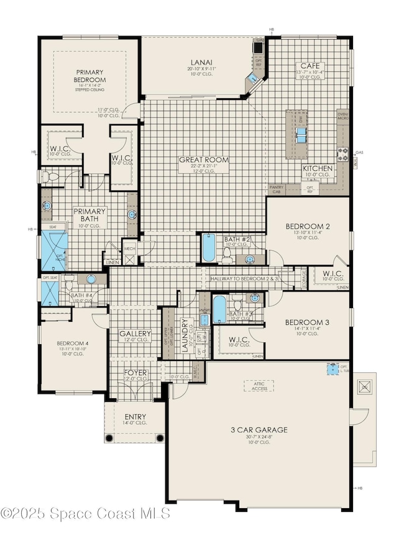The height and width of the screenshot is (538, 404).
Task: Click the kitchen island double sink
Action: coord(301,134)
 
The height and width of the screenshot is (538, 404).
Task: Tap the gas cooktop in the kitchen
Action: coord(342,152)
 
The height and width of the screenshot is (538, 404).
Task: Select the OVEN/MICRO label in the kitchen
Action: coord(342,116)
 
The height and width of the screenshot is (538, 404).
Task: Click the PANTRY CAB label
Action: coord(277,189)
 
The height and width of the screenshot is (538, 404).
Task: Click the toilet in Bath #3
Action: coord(237,304)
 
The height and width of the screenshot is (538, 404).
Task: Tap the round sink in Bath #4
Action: coord(91,280)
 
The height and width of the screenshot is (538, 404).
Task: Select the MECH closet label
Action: coord(129,248)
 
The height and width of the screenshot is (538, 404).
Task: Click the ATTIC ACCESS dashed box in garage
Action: coord(257,388)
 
